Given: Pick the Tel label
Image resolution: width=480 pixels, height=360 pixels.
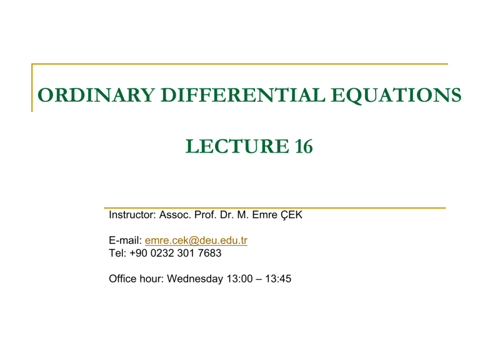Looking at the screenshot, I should tap(117, 253).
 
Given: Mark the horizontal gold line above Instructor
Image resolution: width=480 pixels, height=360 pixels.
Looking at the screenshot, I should tap(275, 207).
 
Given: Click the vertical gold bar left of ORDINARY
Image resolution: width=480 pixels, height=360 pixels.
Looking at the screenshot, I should tap(32, 87).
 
